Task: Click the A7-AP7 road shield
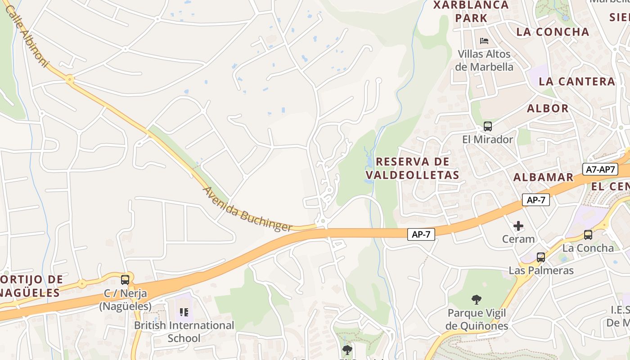(x=600, y=169)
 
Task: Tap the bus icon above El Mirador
(x=487, y=126)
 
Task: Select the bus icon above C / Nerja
(x=125, y=279)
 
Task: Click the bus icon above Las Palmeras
(x=540, y=257)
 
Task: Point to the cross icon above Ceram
(x=518, y=225)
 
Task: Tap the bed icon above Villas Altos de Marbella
(x=484, y=40)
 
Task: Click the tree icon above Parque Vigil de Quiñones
(x=476, y=300)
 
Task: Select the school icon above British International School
(x=184, y=312)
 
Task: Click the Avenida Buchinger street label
(x=248, y=209)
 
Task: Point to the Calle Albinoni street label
(x=27, y=36)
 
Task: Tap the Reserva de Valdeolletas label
(x=412, y=168)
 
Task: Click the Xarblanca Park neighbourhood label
(x=471, y=12)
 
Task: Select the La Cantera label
(x=576, y=81)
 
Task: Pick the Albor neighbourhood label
(x=548, y=108)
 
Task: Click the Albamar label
(x=543, y=177)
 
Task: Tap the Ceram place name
(x=518, y=239)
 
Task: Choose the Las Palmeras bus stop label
(x=541, y=270)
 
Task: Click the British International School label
(x=184, y=332)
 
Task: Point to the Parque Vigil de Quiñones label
(x=477, y=319)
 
